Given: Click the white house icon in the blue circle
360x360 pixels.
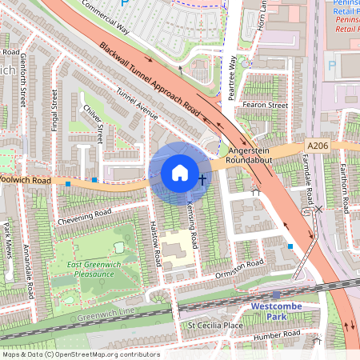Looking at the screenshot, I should click(x=180, y=172).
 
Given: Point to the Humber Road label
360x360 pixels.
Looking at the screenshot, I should click(x=276, y=335).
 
